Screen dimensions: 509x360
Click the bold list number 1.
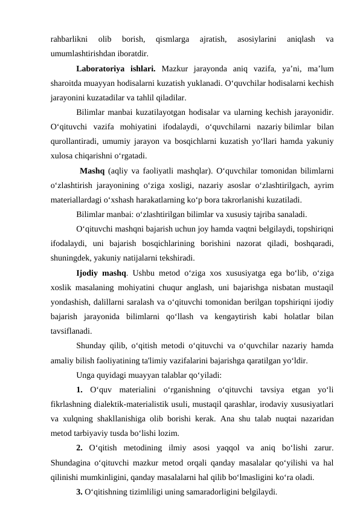[x=80, y=389]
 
